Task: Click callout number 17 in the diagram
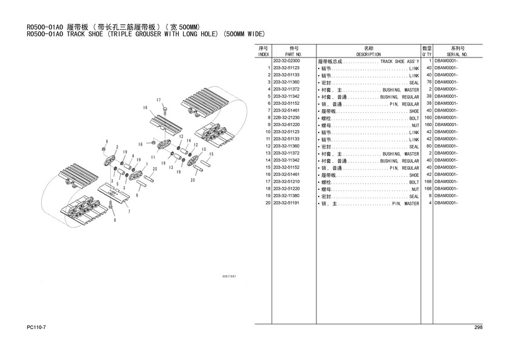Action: click(159, 99)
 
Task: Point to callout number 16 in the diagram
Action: click(145, 108)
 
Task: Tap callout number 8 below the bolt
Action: click(115, 219)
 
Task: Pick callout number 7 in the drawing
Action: click(128, 212)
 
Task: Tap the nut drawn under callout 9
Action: click(105, 148)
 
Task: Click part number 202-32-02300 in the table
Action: click(287, 62)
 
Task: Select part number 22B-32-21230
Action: click(286, 118)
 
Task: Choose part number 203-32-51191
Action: click(286, 203)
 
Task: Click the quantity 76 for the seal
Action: click(428, 82)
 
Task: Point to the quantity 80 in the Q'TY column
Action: click(428, 146)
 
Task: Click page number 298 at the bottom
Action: click(478, 328)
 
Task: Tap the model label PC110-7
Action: click(36, 328)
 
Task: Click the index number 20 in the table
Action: click(267, 203)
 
